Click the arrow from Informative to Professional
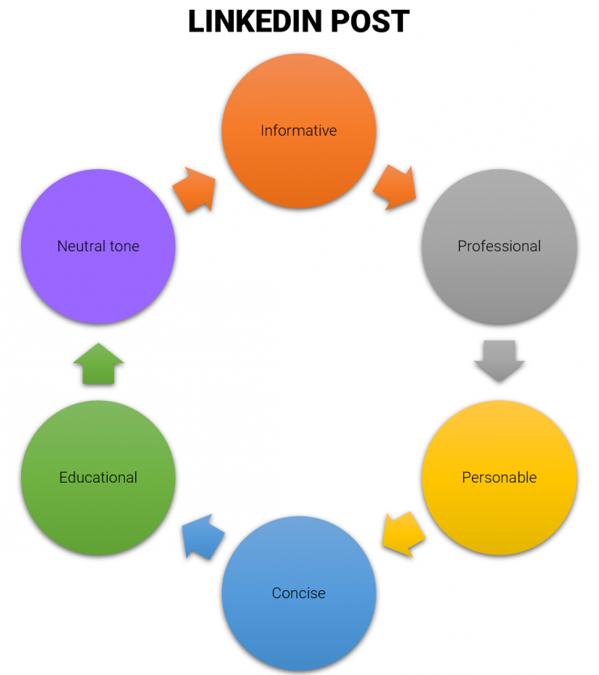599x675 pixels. [x=395, y=188]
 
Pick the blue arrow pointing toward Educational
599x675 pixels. [x=202, y=536]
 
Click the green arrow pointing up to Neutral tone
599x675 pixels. [x=98, y=364]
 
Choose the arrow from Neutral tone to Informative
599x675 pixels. [x=194, y=190]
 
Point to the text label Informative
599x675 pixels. [x=299, y=130]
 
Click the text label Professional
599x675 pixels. [x=499, y=246]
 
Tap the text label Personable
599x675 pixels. [x=499, y=477]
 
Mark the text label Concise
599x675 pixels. [x=299, y=593]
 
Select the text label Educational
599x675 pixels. [x=98, y=477]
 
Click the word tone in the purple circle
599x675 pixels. [x=122, y=246]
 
